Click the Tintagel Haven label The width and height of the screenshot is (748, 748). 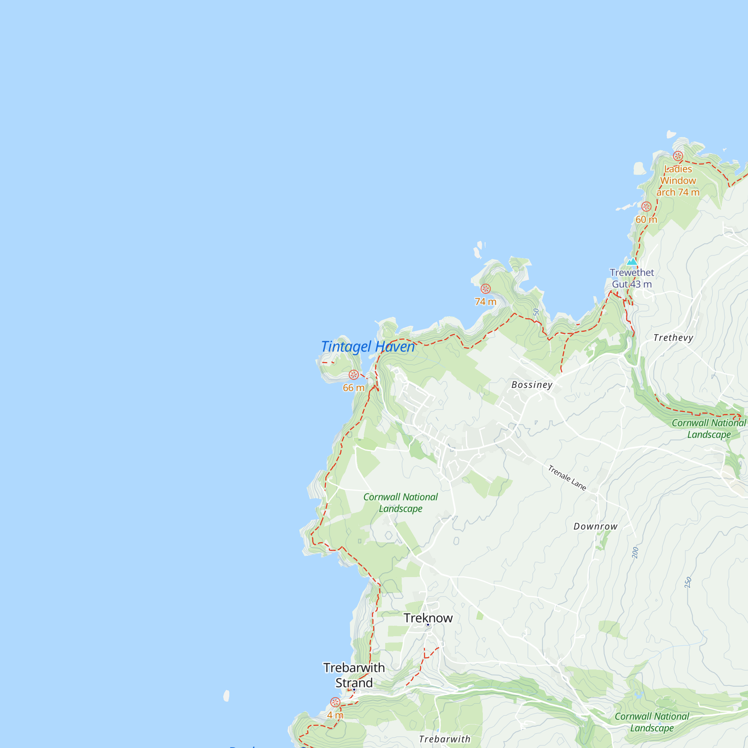(368, 347)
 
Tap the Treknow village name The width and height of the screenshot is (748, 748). (428, 618)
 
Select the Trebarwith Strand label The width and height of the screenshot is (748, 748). (354, 675)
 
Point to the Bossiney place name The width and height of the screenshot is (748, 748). (532, 385)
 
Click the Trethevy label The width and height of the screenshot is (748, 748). (673, 338)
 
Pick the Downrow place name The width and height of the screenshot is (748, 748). (595, 527)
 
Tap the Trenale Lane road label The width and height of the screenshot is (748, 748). (567, 478)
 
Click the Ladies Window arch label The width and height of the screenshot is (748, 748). (678, 181)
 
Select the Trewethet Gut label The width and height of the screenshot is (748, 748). (632, 278)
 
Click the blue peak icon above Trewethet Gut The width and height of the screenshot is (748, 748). (632, 262)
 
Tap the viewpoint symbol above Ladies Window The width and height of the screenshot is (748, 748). (678, 156)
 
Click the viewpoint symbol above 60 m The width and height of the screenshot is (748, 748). (646, 207)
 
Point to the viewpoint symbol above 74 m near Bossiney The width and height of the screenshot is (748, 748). (485, 289)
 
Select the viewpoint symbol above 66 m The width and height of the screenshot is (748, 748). (353, 375)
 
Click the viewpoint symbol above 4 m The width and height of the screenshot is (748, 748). (335, 702)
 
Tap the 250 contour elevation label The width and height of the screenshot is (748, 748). (688, 583)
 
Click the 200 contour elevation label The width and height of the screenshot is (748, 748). (635, 552)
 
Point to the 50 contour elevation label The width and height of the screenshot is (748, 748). (536, 312)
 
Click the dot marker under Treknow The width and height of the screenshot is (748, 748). (428, 625)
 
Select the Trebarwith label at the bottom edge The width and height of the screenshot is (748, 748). (444, 739)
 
